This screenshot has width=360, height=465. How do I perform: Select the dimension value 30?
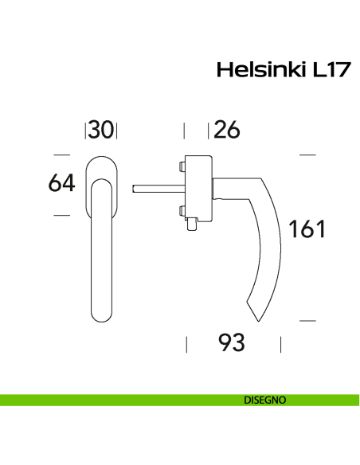[x=101, y=130]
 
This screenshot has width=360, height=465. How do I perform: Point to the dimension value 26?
[x=227, y=130]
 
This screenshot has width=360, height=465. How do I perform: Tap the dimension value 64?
[x=61, y=183]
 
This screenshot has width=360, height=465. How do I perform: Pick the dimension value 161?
[x=307, y=229]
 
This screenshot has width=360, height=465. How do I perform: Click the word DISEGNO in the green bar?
[x=265, y=400]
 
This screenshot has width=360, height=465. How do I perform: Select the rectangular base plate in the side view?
[x=198, y=189]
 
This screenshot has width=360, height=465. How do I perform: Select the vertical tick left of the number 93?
[x=186, y=344]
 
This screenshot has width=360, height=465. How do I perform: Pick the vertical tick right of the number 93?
[x=280, y=344]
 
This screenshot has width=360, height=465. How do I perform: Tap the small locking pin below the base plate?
[x=192, y=228]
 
